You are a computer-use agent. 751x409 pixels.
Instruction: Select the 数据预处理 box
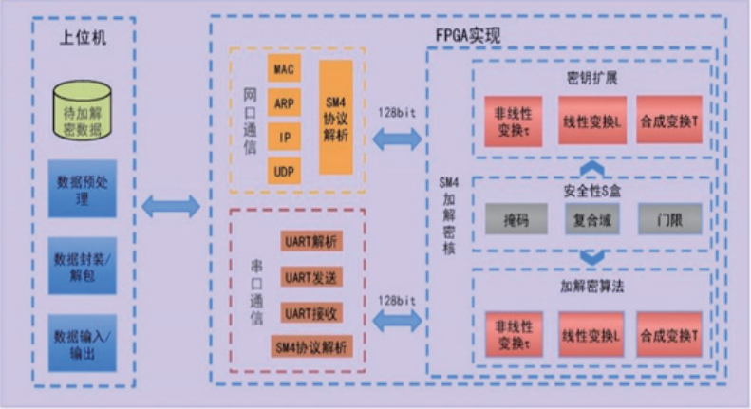point(82,189)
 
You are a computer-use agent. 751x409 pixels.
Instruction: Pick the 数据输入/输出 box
point(82,343)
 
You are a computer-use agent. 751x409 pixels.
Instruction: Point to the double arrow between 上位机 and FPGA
point(170,206)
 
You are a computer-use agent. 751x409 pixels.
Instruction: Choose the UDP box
point(284,171)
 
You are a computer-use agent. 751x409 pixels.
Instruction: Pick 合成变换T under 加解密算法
point(669,335)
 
